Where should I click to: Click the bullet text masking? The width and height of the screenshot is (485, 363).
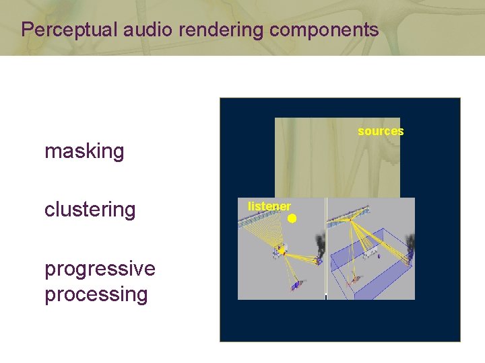click(x=84, y=151)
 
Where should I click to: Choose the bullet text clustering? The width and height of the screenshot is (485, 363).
click(x=90, y=210)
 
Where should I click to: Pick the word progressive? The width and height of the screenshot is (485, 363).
click(x=100, y=268)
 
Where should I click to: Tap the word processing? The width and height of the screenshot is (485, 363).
click(x=96, y=294)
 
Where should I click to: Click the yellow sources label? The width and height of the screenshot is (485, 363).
click(x=381, y=131)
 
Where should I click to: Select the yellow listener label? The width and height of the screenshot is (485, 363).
click(x=269, y=206)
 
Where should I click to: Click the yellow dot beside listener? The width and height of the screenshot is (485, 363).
click(x=292, y=218)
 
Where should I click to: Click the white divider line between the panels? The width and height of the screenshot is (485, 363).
click(x=326, y=249)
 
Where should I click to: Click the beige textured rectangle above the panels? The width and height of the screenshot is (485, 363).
click(x=337, y=158)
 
